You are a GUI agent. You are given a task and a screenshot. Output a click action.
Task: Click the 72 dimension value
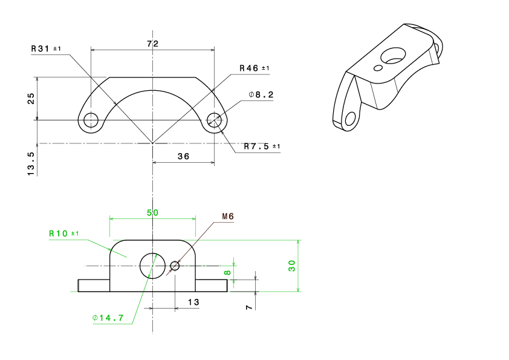pyautogui.click(x=152, y=44)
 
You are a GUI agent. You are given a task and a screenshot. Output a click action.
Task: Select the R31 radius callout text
pyautogui.click(x=46, y=49)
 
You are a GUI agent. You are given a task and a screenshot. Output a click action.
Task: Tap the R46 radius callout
pyautogui.click(x=254, y=68)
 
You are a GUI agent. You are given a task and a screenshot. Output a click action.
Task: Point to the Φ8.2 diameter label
pyautogui.click(x=261, y=94)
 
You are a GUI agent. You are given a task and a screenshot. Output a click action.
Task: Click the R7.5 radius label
pyautogui.click(x=262, y=146)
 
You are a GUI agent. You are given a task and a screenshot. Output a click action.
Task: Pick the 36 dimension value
pyautogui.click(x=183, y=156)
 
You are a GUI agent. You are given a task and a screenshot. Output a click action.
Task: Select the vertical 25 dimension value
pyautogui.click(x=31, y=99)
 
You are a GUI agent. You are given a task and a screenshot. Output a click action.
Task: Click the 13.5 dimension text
pyautogui.click(x=31, y=164)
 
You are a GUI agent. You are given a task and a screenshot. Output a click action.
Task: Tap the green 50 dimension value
pyautogui.click(x=152, y=212)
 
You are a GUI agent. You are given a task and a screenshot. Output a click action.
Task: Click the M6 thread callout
pyautogui.click(x=228, y=217)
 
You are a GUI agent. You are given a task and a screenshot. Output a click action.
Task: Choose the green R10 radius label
pyautogui.click(x=63, y=234)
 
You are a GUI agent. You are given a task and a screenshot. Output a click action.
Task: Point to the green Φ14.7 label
pyautogui.click(x=108, y=318)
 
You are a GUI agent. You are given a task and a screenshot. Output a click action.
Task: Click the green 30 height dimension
pyautogui.click(x=292, y=266)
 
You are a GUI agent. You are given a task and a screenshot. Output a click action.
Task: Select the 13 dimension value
pyautogui.click(x=193, y=302)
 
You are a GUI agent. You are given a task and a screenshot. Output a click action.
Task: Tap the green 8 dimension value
pyautogui.click(x=227, y=273)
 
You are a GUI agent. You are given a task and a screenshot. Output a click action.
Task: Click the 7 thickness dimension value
pyautogui.click(x=249, y=307)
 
